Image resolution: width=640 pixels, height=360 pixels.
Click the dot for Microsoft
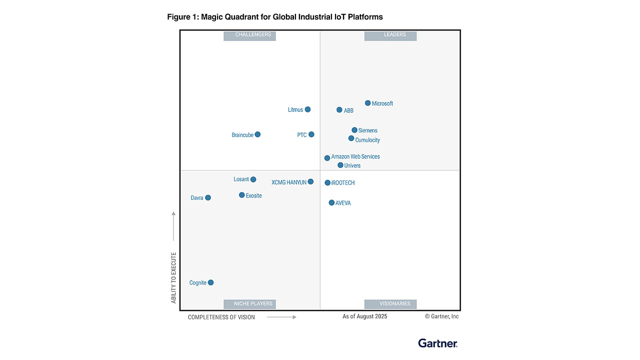point(367,103)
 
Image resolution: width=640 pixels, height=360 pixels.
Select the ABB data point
point(339,110)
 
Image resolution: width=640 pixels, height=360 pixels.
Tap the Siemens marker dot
point(354,130)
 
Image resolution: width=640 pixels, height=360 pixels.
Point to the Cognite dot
point(210,282)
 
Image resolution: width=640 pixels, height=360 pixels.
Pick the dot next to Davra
point(208,197)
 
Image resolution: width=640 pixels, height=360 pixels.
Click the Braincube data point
point(257,134)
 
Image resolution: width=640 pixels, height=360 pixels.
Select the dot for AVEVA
point(331,202)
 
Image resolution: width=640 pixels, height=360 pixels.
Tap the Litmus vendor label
point(295,109)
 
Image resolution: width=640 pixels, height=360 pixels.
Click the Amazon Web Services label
point(355,156)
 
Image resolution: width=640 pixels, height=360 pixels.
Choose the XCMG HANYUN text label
point(289,182)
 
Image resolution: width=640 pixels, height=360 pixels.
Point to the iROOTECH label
point(343,183)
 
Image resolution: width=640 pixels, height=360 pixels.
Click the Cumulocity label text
point(367,140)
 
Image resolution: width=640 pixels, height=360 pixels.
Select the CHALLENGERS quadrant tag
point(249,35)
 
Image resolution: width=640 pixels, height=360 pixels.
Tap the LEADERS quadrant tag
point(390,35)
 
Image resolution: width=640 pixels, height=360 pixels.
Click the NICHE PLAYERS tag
point(249,303)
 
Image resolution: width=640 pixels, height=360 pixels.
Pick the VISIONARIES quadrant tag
point(390,303)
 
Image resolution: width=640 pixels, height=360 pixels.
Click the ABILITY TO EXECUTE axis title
point(174,278)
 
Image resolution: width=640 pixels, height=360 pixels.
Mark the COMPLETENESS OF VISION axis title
point(221,317)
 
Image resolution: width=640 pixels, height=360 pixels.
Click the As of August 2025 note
point(364,316)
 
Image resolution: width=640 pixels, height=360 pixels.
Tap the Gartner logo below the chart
point(437,343)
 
